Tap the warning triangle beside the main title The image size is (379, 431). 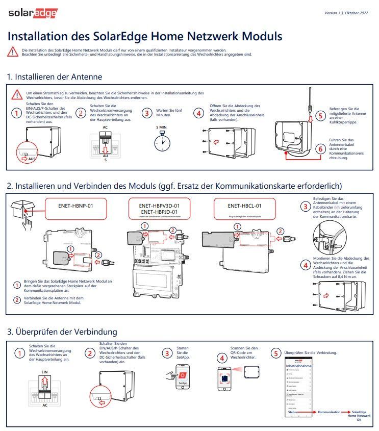pyautogui.click(x=13, y=52)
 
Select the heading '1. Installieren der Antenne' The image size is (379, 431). pyautogui.click(x=55, y=77)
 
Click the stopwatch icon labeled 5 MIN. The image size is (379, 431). pyautogui.click(x=162, y=140)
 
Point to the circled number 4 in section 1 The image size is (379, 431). pyautogui.click(x=198, y=113)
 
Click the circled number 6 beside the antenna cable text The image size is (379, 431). pyautogui.click(x=320, y=149)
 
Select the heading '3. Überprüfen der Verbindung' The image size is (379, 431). pyautogui.click(x=62, y=332)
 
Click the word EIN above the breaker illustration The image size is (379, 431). pyautogui.click(x=44, y=373)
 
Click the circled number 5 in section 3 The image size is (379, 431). pyautogui.click(x=276, y=353)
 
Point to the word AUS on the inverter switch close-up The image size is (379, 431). pyautogui.click(x=33, y=159)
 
